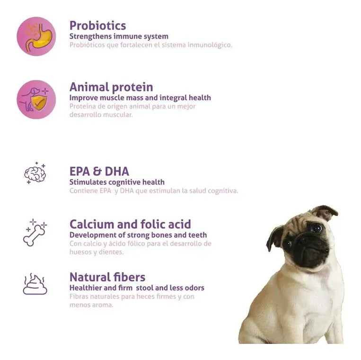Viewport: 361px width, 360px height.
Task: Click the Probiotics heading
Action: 97,25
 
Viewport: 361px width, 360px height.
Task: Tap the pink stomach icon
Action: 36,36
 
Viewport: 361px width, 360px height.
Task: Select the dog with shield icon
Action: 36,99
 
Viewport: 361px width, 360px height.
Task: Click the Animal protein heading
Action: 111,87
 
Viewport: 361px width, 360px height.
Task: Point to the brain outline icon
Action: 35,173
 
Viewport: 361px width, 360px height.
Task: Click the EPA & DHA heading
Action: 99,171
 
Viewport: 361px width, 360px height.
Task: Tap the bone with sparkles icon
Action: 35,233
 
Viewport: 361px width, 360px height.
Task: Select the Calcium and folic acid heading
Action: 130,224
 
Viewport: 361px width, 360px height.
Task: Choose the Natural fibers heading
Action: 107,277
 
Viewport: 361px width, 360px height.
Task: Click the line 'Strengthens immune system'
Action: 119,36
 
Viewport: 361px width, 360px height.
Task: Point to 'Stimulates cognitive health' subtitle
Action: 117,182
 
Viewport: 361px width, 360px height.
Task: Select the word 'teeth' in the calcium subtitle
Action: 198,235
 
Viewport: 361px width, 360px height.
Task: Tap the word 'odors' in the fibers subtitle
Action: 194,288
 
